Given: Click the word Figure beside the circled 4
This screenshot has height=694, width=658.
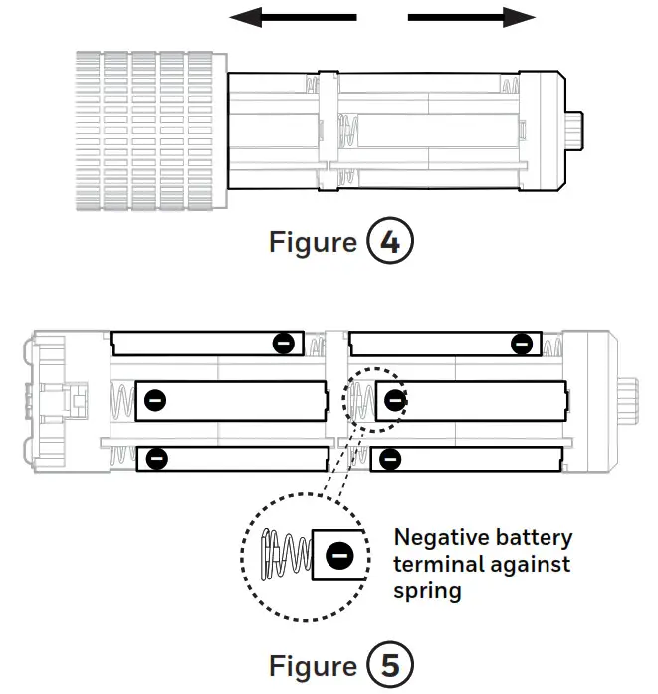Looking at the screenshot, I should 313,243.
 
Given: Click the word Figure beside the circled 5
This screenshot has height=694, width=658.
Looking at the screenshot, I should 313,665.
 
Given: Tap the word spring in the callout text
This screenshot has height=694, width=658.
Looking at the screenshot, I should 428,591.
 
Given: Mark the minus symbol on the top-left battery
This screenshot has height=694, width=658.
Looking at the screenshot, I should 284,344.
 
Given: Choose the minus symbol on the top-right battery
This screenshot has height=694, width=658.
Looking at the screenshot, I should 521,345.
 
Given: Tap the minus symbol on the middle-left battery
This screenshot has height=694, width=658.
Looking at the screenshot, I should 155,401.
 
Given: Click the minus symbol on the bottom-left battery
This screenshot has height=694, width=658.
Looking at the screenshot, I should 156,459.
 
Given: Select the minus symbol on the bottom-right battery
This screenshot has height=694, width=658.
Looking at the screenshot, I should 390,459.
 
